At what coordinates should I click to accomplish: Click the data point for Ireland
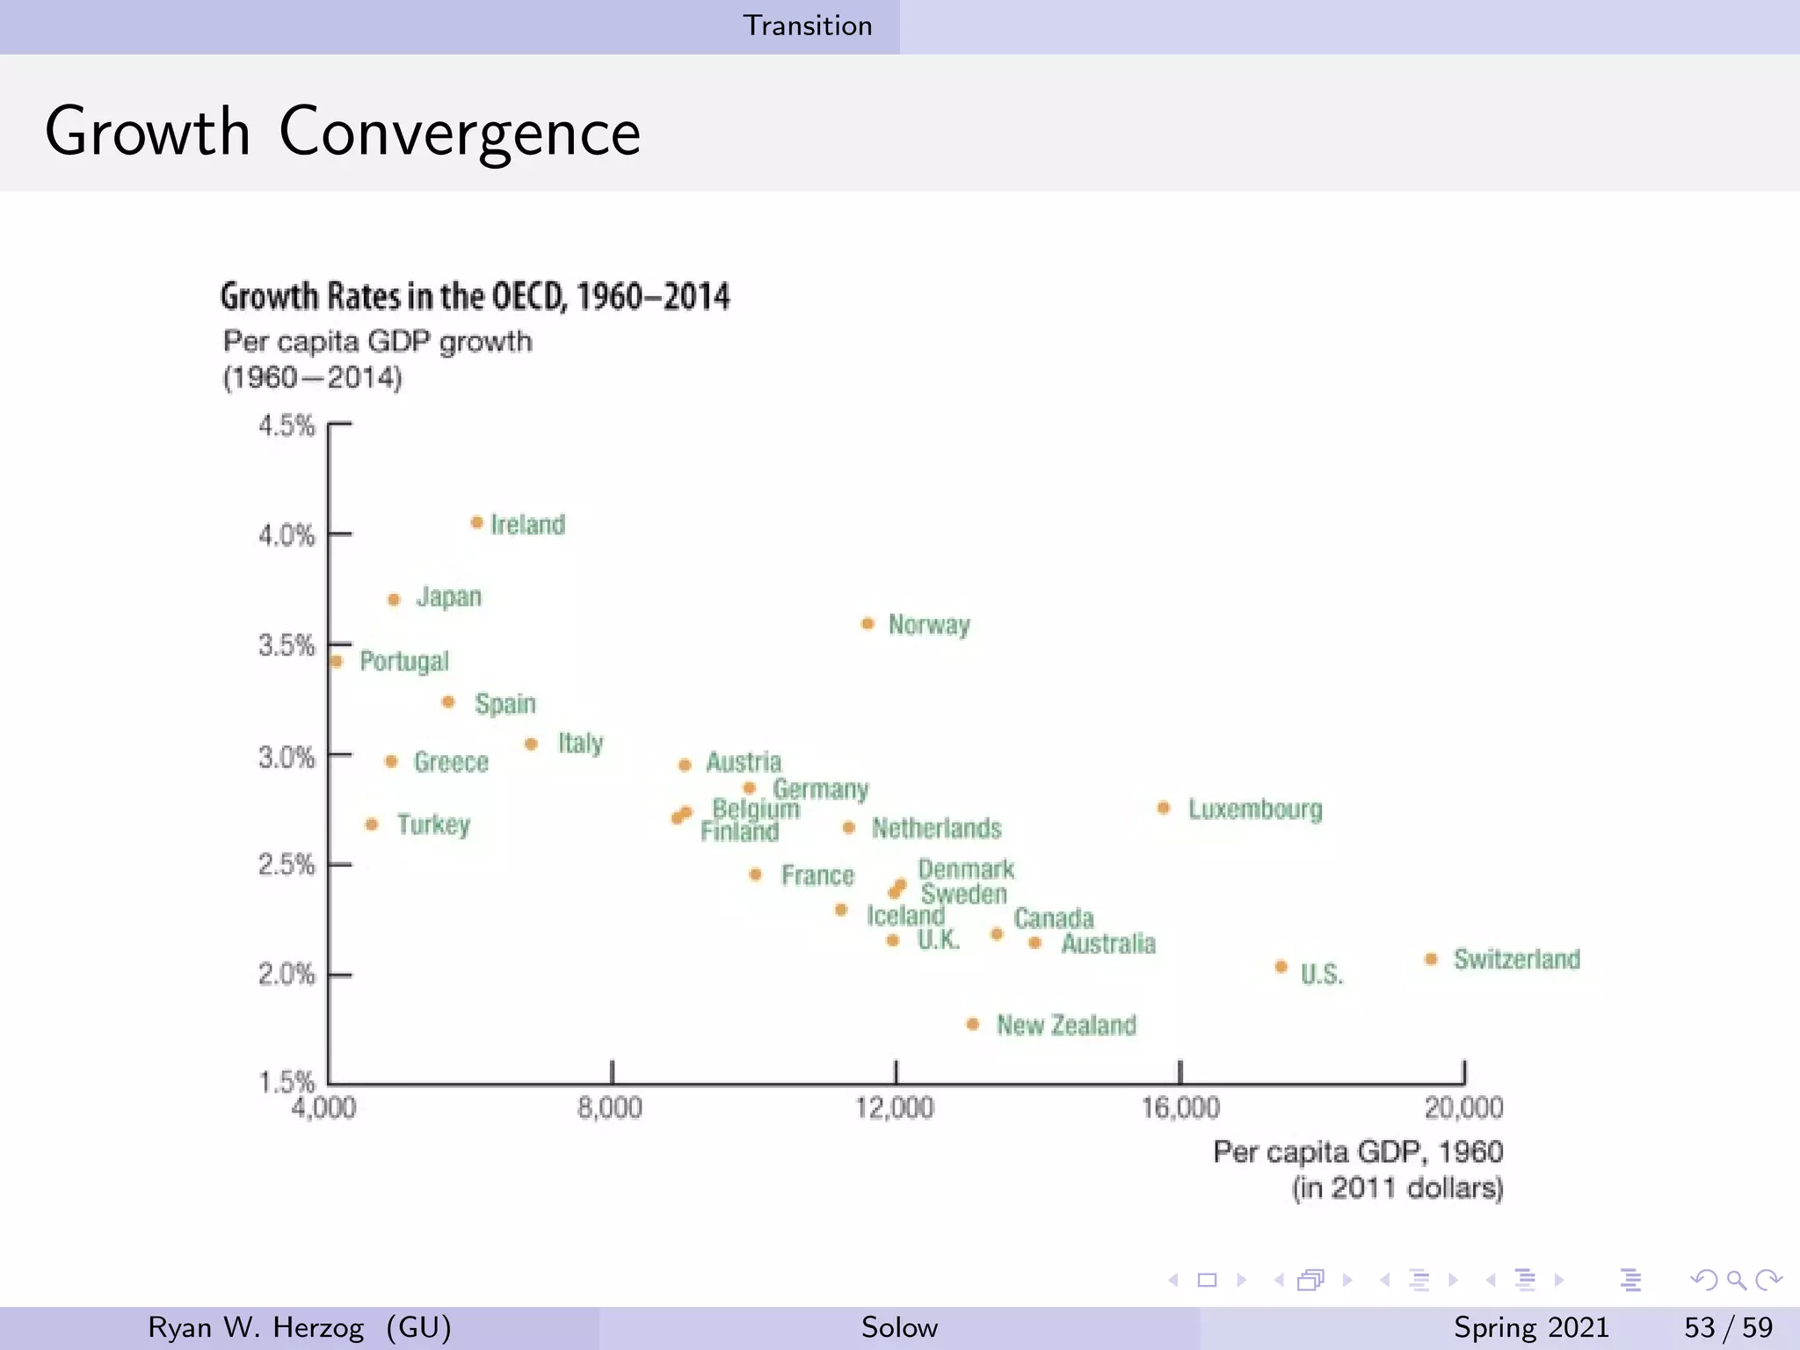(x=476, y=522)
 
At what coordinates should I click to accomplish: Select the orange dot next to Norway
(x=867, y=623)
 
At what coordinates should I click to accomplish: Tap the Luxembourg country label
(x=1254, y=809)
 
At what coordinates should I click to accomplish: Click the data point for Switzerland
(x=1431, y=959)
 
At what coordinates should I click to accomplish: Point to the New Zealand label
(x=1065, y=1025)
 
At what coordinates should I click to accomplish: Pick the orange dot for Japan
(x=394, y=599)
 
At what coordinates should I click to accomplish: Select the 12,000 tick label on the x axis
(x=895, y=1107)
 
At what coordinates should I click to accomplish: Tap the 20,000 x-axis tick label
(x=1463, y=1107)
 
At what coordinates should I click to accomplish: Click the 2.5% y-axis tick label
(x=287, y=865)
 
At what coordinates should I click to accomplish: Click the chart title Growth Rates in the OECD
(x=475, y=296)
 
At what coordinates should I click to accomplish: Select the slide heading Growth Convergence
(x=343, y=132)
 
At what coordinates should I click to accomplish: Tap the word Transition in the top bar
(x=808, y=25)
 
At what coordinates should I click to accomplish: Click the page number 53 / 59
(x=1727, y=1327)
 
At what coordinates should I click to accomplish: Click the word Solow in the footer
(x=899, y=1327)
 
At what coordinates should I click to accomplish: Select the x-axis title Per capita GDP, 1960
(x=1357, y=1151)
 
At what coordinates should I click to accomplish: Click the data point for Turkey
(x=372, y=824)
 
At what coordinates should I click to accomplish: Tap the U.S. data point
(x=1281, y=967)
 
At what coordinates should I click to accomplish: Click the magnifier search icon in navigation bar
(x=1736, y=1280)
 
